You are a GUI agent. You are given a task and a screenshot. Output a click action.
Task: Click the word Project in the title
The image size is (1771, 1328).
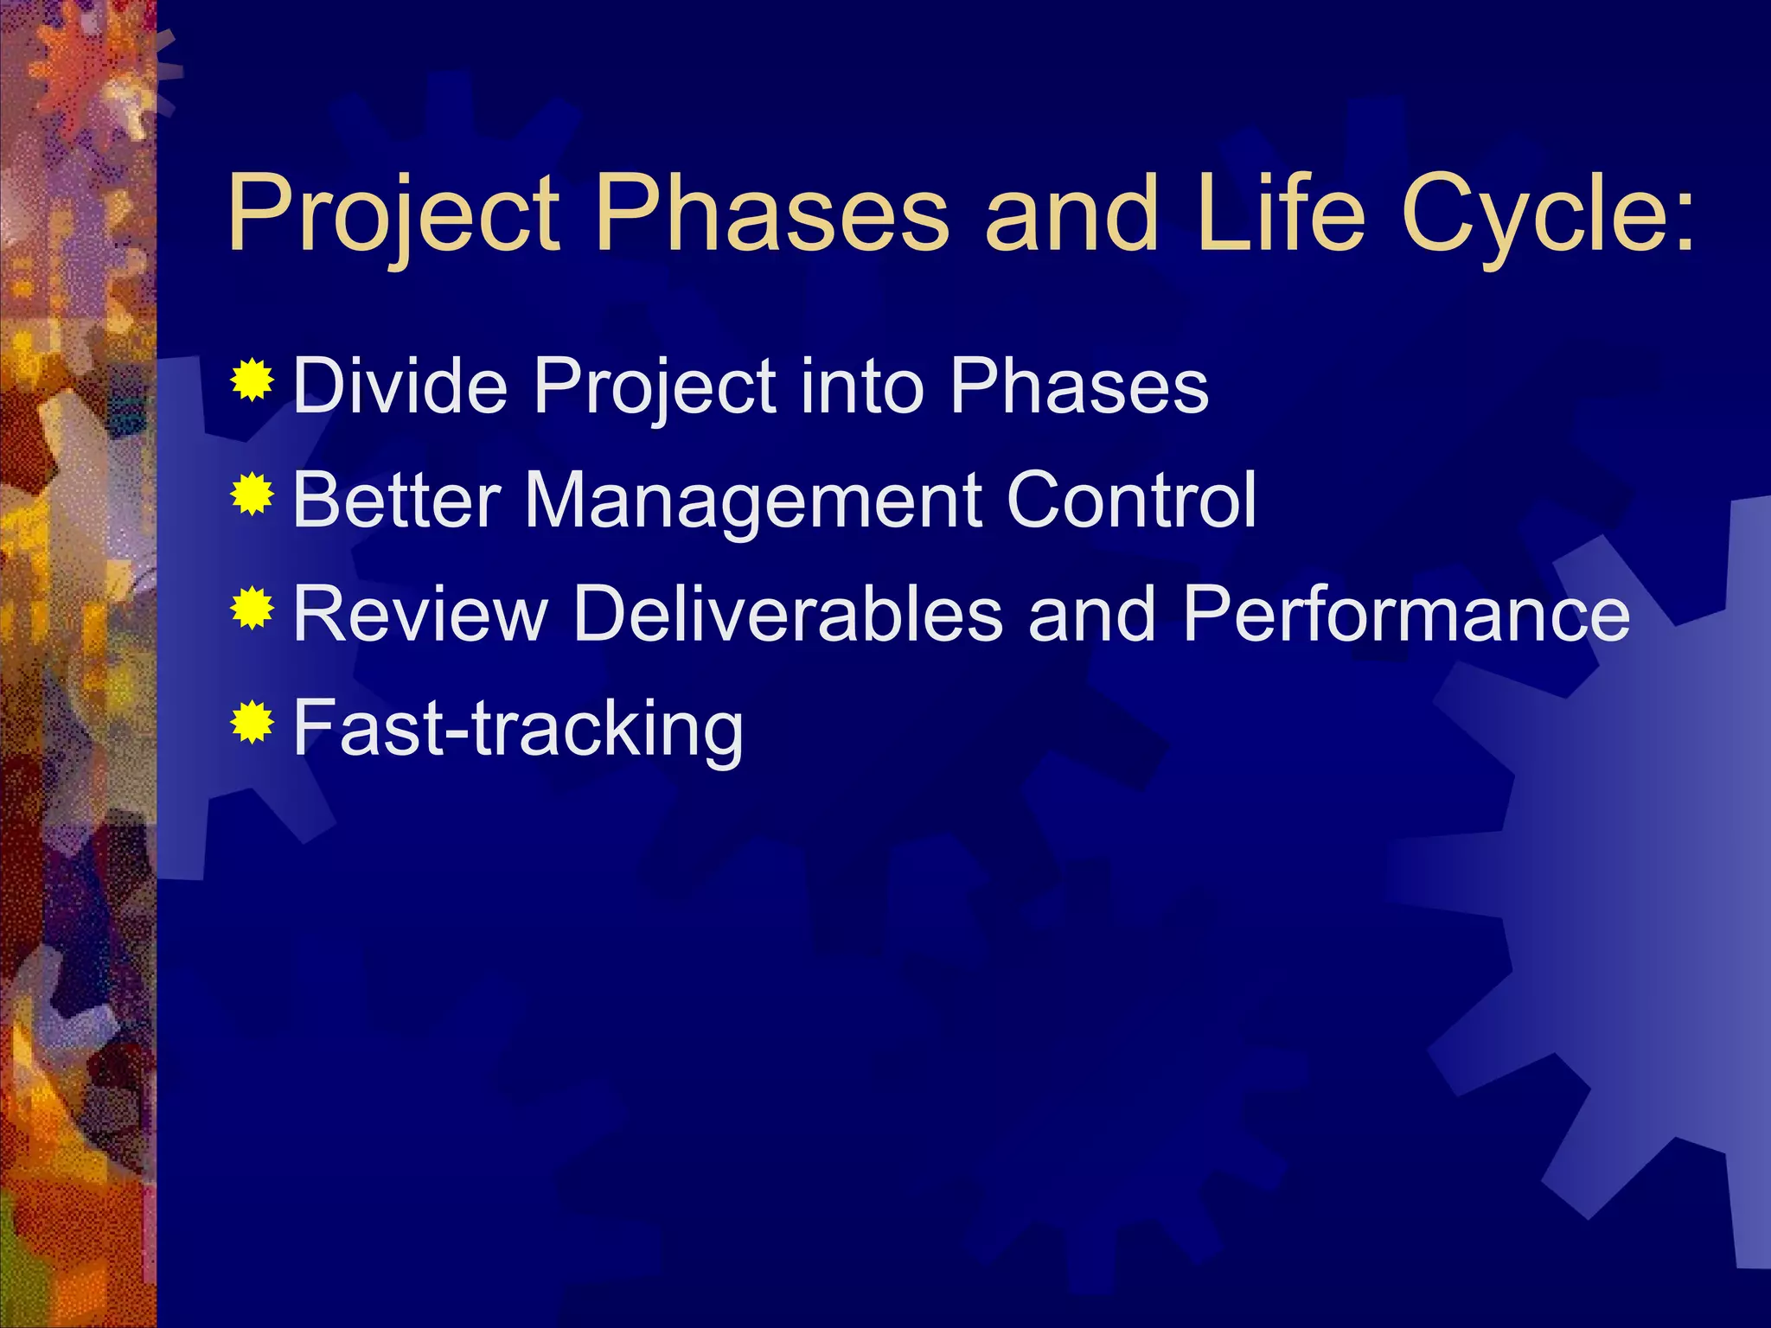coord(394,214)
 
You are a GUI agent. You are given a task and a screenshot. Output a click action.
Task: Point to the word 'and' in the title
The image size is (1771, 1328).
coord(1071,214)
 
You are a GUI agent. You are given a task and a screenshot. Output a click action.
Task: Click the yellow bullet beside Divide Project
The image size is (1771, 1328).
coord(252,380)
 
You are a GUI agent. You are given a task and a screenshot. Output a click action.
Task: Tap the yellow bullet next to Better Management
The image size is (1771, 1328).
coord(252,495)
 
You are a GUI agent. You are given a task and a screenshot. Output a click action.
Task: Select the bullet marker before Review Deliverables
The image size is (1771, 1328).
coord(252,609)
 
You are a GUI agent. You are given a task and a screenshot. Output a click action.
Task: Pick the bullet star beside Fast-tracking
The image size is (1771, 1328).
coord(252,723)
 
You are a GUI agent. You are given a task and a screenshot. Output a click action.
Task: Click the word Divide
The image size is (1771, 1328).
coord(400,386)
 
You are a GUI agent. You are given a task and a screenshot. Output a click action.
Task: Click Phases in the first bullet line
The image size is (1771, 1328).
coord(1078,386)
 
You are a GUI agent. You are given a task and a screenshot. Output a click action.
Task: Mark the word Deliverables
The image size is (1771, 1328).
coord(788,614)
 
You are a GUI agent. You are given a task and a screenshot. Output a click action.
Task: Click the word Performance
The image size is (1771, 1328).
coord(1405,614)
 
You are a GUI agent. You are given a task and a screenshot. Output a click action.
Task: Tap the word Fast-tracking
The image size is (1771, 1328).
coord(518,729)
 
